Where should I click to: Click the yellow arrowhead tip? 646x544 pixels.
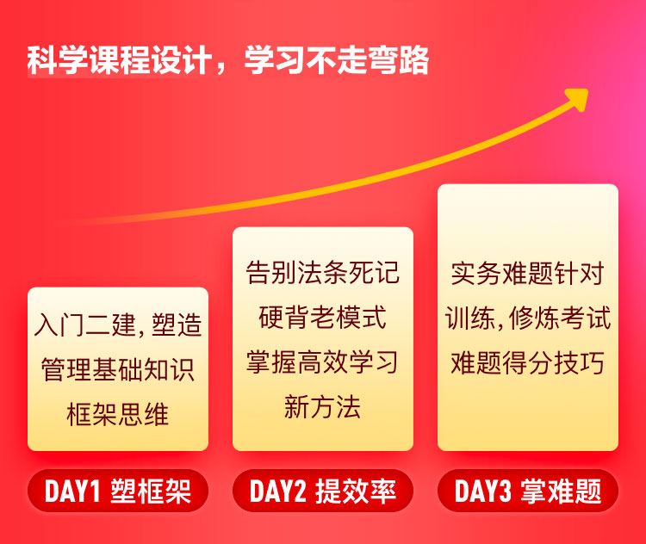pyautogui.click(x=587, y=90)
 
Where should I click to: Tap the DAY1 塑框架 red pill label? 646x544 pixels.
pyautogui.click(x=118, y=491)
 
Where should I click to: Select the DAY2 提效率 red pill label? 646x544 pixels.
pyautogui.click(x=323, y=491)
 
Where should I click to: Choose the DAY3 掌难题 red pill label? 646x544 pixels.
pyautogui.click(x=528, y=491)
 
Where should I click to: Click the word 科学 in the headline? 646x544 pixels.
pyautogui.click(x=58, y=60)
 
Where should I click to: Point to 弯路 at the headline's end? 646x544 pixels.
pyautogui.click(x=399, y=60)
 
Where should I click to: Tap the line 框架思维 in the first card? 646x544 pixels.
pyautogui.click(x=118, y=414)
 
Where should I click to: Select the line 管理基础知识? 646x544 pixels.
pyautogui.click(x=118, y=369)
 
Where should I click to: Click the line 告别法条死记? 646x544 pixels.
pyautogui.click(x=323, y=272)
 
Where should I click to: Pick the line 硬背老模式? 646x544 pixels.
pyautogui.click(x=323, y=317)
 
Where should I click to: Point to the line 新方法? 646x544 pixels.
pyautogui.click(x=323, y=407)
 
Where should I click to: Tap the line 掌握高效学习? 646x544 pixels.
pyautogui.click(x=323, y=362)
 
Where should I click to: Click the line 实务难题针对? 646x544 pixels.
pyautogui.click(x=528, y=273)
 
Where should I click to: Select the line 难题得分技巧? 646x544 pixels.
pyautogui.click(x=528, y=362)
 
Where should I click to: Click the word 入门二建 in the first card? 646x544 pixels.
pyautogui.click(x=85, y=325)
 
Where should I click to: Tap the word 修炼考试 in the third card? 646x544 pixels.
pyautogui.click(x=560, y=318)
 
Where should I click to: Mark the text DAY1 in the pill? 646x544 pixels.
pyautogui.click(x=72, y=491)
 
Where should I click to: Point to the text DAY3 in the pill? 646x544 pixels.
pyautogui.click(x=483, y=491)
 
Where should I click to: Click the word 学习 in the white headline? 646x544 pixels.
pyautogui.click(x=276, y=60)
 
